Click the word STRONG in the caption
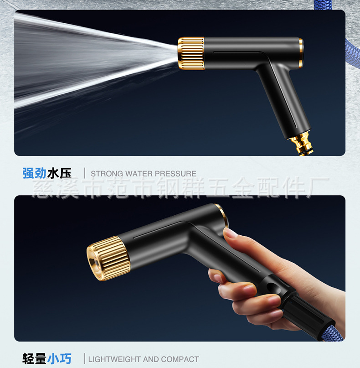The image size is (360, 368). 107,174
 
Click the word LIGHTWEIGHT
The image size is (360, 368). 115,359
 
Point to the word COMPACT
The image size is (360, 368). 180,359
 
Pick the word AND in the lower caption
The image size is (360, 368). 151,359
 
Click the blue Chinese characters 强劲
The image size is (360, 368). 34,173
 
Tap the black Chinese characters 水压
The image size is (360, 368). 59,173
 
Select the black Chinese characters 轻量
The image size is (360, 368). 34,359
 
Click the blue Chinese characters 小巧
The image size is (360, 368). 59,359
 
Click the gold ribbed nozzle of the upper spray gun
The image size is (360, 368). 191,53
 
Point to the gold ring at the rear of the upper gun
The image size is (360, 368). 301,53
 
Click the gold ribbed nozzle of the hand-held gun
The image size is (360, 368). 108,259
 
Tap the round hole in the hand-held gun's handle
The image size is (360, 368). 272,286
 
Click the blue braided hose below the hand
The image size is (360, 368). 333,332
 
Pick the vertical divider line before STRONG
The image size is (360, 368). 85,173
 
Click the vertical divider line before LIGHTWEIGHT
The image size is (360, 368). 85,358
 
